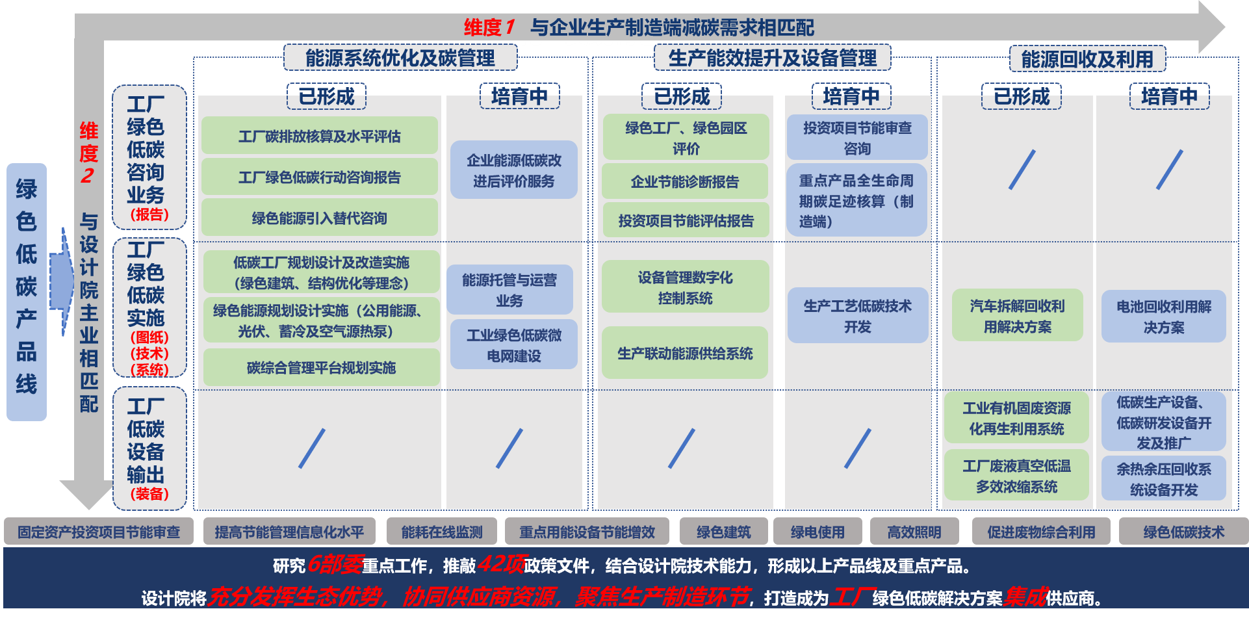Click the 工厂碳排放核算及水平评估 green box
pos(320,136)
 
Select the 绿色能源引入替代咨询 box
pos(320,218)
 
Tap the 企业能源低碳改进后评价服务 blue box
pos(513,170)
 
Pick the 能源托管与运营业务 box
pos(509,290)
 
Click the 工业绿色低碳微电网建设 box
pos(513,345)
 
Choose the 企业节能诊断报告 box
pos(685,182)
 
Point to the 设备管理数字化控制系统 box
pos(685,287)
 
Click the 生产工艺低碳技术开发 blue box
pos(857,316)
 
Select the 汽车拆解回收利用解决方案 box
pos(1017,316)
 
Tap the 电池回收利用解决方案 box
pos(1163,317)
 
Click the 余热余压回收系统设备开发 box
pos(1163,479)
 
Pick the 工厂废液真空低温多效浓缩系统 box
pos(1016,476)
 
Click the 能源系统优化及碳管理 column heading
pos(400,58)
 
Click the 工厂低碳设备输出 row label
pos(149,448)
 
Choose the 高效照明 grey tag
pos(914,532)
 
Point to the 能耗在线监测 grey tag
pos(442,532)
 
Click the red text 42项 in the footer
pos(500,564)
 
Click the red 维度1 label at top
pos(489,27)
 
